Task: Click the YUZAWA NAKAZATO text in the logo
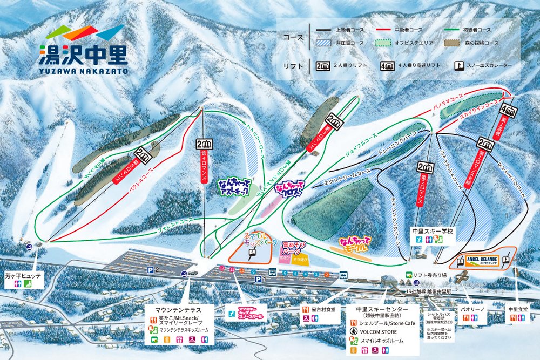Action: click(83, 70)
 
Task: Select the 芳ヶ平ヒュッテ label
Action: click(23, 275)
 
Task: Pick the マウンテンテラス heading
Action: click(178, 310)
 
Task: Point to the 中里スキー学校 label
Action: click(434, 231)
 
